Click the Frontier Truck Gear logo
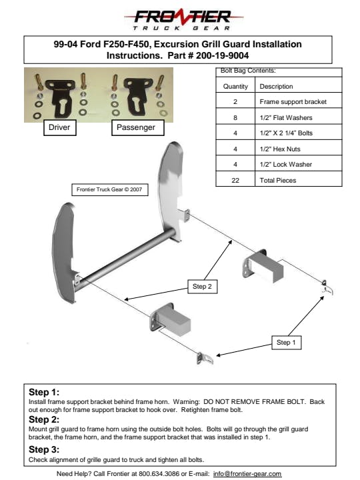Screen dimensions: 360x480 [x=183, y=19]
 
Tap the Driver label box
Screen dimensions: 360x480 [x=60, y=127]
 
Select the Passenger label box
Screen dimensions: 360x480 [x=138, y=127]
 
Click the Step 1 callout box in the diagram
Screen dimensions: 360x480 [x=287, y=342]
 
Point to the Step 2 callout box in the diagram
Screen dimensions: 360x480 [x=203, y=287]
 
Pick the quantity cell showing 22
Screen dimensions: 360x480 [x=235, y=180]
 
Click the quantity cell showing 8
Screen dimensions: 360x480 [x=235, y=117]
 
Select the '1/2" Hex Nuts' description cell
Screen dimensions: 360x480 [x=299, y=149]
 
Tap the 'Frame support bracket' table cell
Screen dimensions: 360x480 [x=299, y=101]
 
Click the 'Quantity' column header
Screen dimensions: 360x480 [x=235, y=86]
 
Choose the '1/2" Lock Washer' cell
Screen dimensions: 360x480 [x=299, y=165]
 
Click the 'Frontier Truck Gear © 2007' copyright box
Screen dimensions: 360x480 [x=109, y=189]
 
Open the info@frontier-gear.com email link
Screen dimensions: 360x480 [x=247, y=473]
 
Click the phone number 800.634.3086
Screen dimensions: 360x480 [x=159, y=473]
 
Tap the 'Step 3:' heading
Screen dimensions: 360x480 [x=44, y=449]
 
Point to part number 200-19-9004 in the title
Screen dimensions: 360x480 [x=222, y=55]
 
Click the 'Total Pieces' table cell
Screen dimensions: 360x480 [x=299, y=180]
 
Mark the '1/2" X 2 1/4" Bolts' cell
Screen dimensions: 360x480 [x=299, y=133]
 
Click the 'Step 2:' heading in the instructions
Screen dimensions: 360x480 [x=44, y=419]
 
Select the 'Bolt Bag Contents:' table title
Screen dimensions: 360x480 [x=248, y=71]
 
